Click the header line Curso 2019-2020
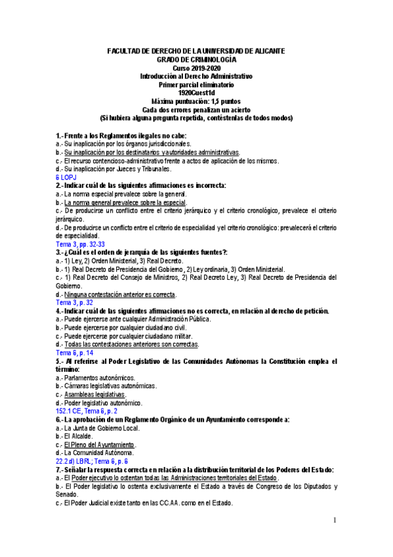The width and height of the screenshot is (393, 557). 196,68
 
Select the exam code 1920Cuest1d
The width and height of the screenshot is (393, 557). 196,93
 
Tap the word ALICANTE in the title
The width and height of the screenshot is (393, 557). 266,52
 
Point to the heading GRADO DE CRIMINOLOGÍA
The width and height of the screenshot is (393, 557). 196,60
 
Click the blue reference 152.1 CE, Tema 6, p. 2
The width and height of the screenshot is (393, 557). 91,410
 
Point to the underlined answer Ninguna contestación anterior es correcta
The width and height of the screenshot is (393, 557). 120,294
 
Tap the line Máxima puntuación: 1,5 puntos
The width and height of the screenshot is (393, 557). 196,101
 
